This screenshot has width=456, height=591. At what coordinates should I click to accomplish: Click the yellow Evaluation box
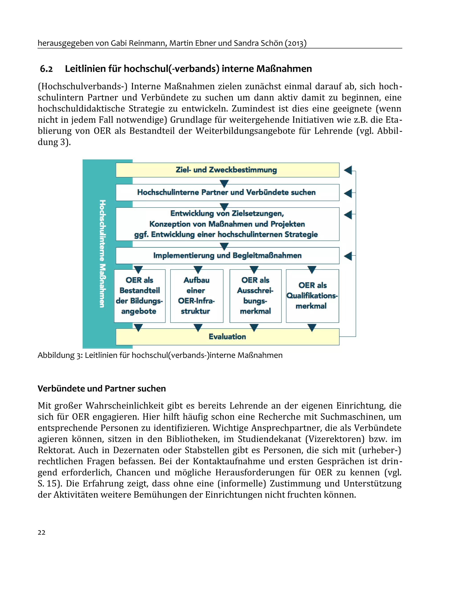click(227, 337)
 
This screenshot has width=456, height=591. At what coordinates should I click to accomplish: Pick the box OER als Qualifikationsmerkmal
click(312, 296)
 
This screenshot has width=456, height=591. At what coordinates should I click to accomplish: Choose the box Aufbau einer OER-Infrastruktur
click(197, 296)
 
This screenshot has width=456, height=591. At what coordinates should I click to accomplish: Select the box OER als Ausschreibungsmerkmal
click(255, 296)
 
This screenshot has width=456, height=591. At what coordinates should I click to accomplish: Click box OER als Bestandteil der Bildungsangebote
click(139, 296)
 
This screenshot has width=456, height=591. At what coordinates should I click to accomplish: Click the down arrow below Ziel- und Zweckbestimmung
click(224, 183)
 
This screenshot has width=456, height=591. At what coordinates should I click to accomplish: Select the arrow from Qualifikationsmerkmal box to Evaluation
click(312, 327)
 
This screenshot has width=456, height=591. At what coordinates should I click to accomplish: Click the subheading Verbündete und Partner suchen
click(102, 389)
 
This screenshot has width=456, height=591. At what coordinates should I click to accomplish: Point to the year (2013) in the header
click(295, 43)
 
